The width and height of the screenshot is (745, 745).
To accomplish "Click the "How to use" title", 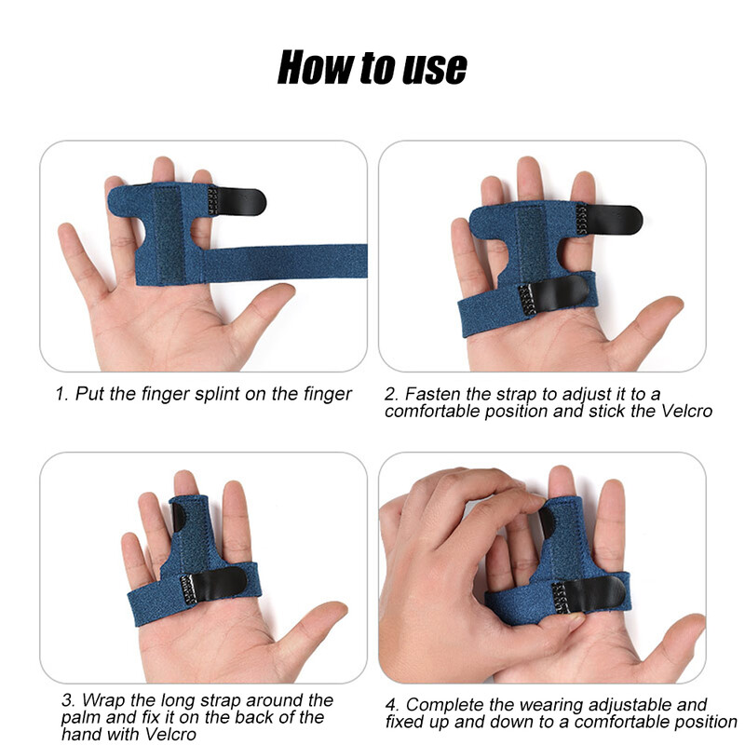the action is (x=372, y=67).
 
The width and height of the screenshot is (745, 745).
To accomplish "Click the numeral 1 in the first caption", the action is (x=61, y=394).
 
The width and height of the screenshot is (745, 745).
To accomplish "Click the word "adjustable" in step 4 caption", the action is (x=615, y=705).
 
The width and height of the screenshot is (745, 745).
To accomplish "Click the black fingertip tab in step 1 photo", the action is (x=241, y=201).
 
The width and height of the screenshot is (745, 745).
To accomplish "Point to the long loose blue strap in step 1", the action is (x=285, y=263).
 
